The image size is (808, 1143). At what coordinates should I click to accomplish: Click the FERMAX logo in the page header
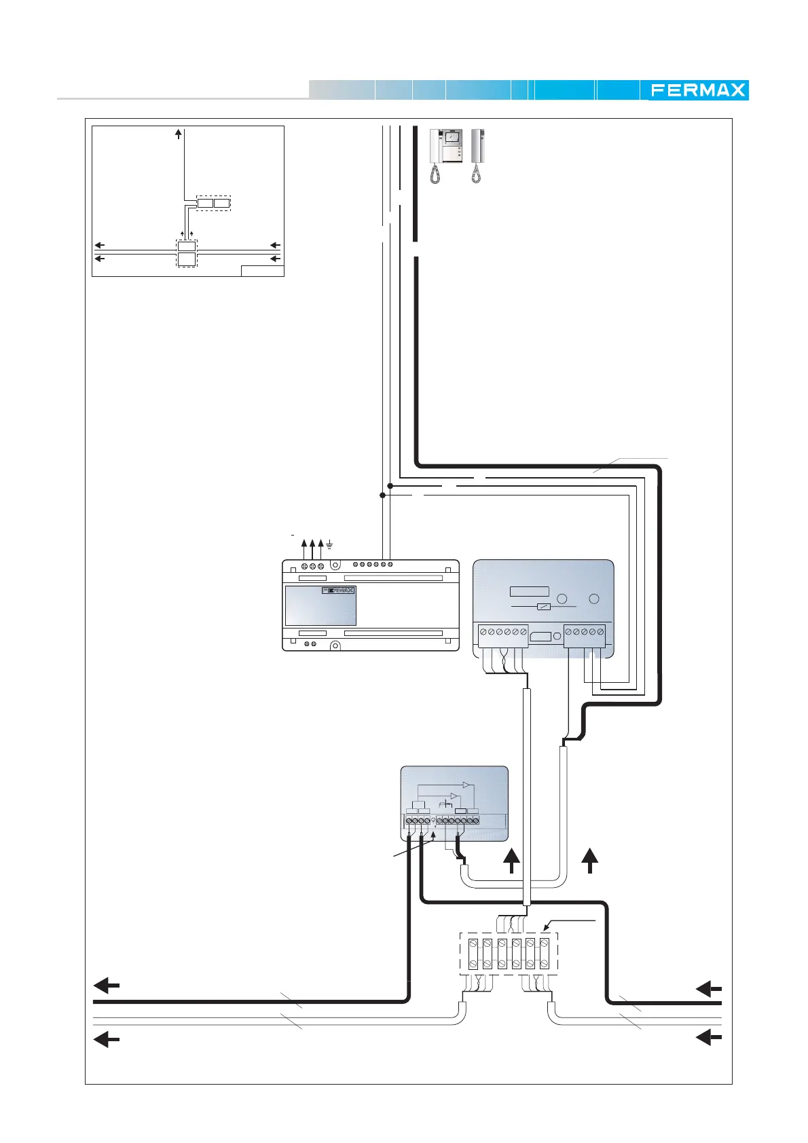click(697, 90)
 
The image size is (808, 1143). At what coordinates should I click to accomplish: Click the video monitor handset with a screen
click(445, 155)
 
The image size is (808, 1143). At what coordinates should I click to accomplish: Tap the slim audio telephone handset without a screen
click(477, 155)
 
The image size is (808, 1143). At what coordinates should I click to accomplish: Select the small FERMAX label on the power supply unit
click(338, 591)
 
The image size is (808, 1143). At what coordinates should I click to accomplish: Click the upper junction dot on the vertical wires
click(390, 486)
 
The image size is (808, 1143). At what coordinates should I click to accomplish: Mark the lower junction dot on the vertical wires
click(382, 495)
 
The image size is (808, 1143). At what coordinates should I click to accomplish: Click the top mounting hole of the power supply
click(335, 565)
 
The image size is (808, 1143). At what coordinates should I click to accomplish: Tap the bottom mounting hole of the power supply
click(335, 645)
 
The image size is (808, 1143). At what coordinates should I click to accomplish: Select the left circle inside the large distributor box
click(562, 599)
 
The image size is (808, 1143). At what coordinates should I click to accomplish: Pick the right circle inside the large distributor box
click(594, 599)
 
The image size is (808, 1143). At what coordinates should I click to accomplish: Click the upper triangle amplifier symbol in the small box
click(466, 785)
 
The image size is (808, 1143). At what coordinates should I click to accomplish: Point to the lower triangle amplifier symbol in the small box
click(454, 796)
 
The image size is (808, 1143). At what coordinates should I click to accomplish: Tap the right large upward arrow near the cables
click(589, 861)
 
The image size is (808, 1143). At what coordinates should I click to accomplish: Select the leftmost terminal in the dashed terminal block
click(473, 954)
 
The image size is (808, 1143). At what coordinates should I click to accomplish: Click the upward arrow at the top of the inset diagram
click(178, 134)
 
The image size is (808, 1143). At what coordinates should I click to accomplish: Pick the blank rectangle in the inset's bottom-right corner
click(262, 271)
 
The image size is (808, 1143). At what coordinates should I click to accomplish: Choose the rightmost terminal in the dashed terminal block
click(545, 954)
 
